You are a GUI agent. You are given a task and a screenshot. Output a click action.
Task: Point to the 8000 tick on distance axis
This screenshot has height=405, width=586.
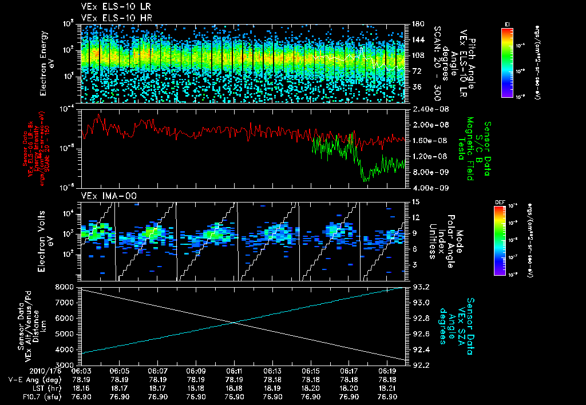coord(65,286)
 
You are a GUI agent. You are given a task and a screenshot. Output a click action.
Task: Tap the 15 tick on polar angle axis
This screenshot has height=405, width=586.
coord(413,202)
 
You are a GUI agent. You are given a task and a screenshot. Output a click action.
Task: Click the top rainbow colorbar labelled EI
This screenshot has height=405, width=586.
coord(506,61)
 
